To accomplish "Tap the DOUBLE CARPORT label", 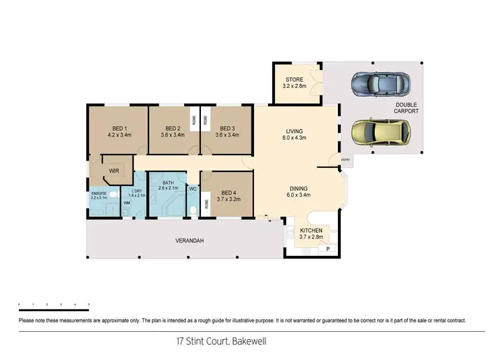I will point(407,107).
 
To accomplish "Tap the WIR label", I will point(114,171).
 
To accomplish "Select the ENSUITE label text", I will point(99,195).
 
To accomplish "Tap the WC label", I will point(193,190).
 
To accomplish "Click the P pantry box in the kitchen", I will point(328,249).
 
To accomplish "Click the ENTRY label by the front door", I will point(346,160).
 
